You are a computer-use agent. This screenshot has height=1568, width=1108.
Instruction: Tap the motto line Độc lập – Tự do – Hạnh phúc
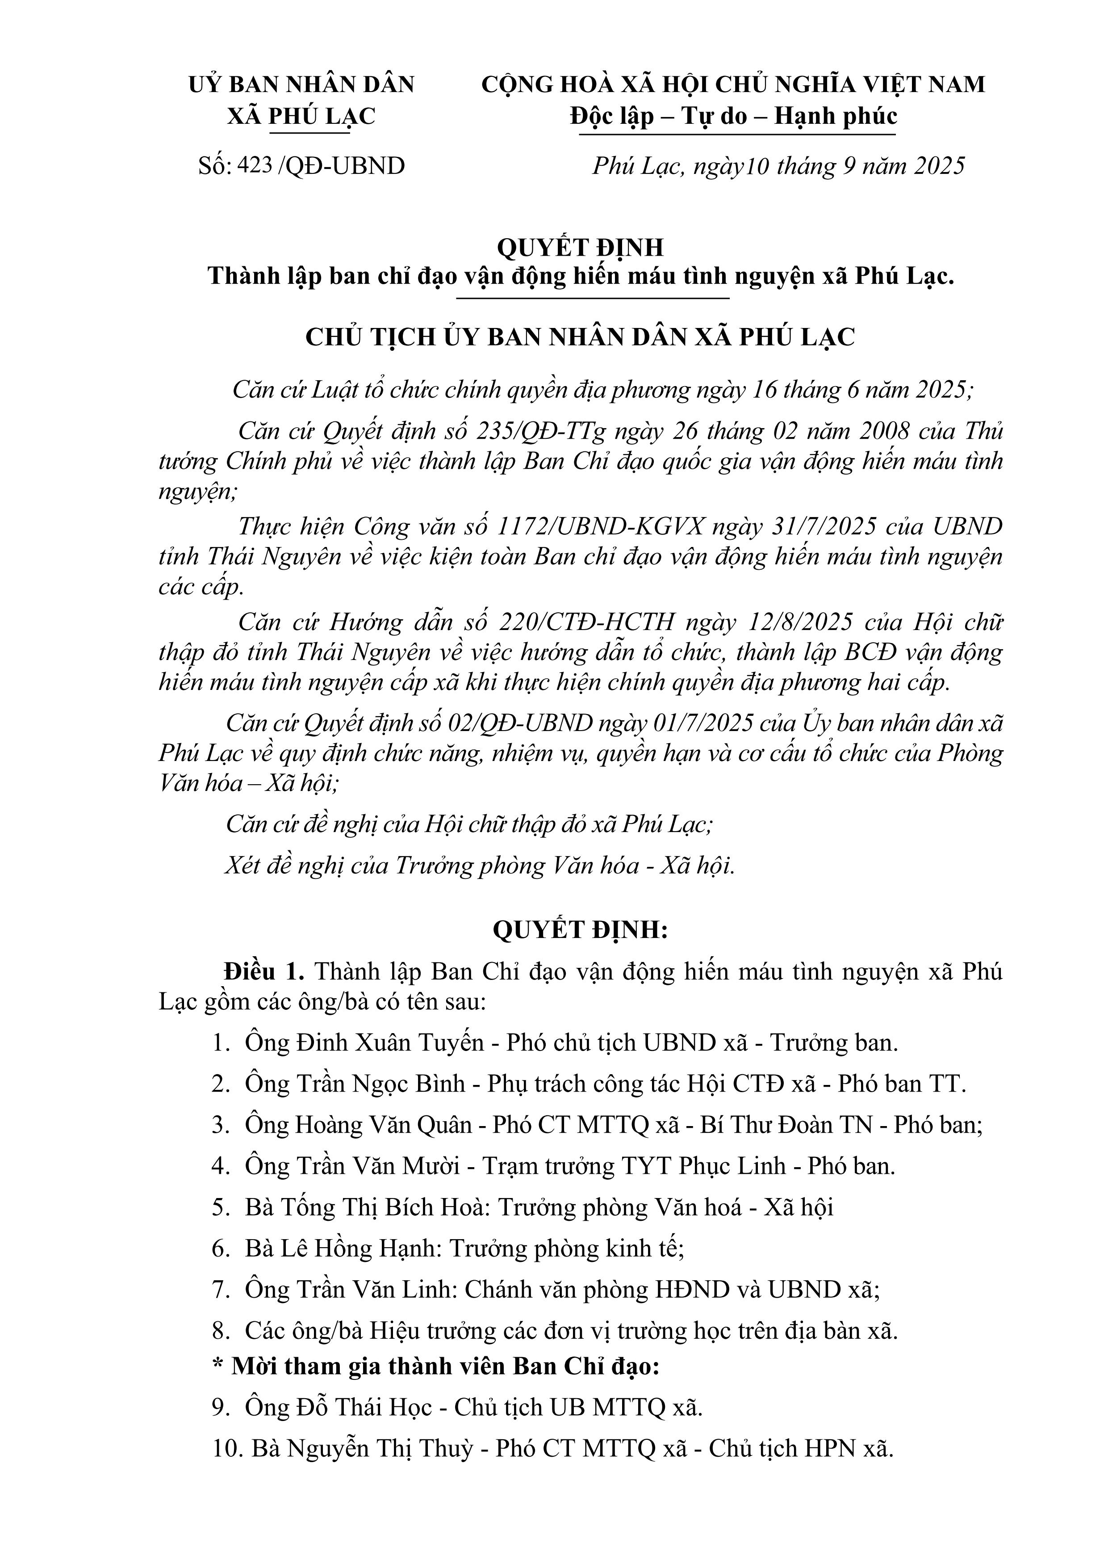[x=734, y=116]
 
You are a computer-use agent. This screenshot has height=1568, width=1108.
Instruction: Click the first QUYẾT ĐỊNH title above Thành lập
[x=580, y=247]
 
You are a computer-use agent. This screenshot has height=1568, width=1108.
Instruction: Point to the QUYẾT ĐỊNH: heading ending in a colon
[x=580, y=931]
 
